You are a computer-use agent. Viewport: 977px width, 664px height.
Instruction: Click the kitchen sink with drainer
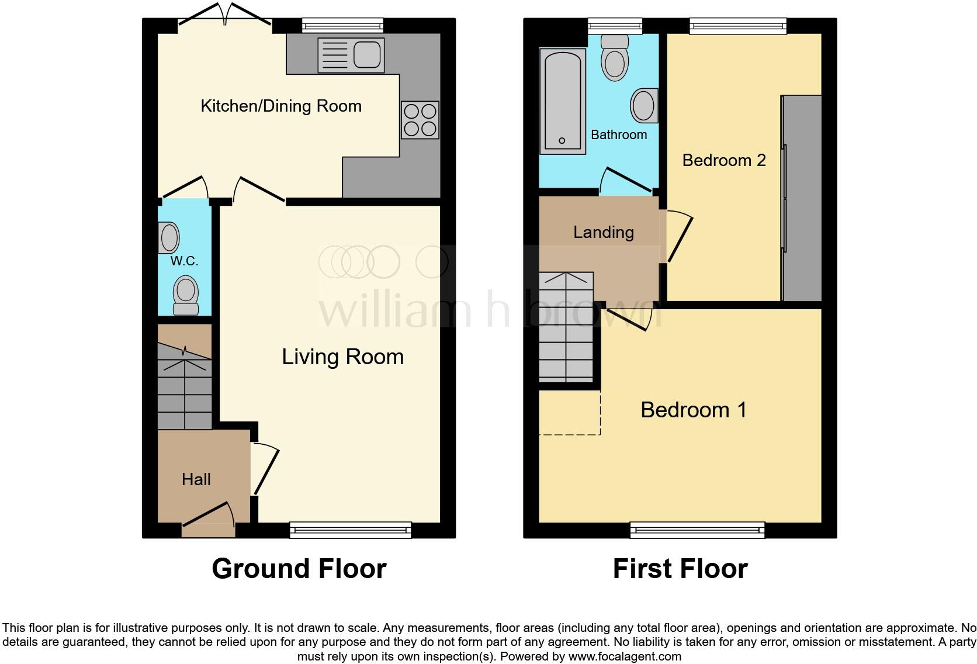pyautogui.click(x=351, y=55)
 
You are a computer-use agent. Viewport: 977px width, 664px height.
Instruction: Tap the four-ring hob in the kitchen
pyautogui.click(x=420, y=120)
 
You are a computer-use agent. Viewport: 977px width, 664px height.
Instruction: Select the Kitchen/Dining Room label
pyautogui.click(x=281, y=106)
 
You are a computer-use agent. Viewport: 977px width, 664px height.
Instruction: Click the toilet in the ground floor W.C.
pyautogui.click(x=186, y=295)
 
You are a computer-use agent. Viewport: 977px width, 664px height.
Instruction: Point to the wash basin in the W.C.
pyautogui.click(x=169, y=238)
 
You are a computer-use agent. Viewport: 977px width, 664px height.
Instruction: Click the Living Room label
pyautogui.click(x=342, y=357)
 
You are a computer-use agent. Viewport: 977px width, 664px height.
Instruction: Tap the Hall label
pyautogui.click(x=196, y=480)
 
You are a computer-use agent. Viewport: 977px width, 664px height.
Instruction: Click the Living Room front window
pyautogui.click(x=351, y=530)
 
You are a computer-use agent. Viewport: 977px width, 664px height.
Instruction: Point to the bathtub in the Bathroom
pyautogui.click(x=562, y=101)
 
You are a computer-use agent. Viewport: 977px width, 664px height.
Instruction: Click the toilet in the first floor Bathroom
pyautogui.click(x=615, y=58)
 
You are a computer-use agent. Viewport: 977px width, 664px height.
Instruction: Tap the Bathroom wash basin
pyautogui.click(x=644, y=106)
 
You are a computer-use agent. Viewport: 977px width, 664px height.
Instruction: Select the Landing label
pyautogui.click(x=603, y=233)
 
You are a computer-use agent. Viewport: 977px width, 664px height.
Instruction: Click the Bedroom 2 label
pyautogui.click(x=723, y=160)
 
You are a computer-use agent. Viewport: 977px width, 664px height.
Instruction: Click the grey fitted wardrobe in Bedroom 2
pyautogui.click(x=802, y=199)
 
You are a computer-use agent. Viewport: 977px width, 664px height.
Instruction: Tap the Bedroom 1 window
pyautogui.click(x=697, y=530)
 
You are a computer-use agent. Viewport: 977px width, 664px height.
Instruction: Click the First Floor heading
pyautogui.click(x=680, y=569)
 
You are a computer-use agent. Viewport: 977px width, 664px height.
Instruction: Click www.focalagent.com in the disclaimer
pyautogui.click(x=624, y=656)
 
